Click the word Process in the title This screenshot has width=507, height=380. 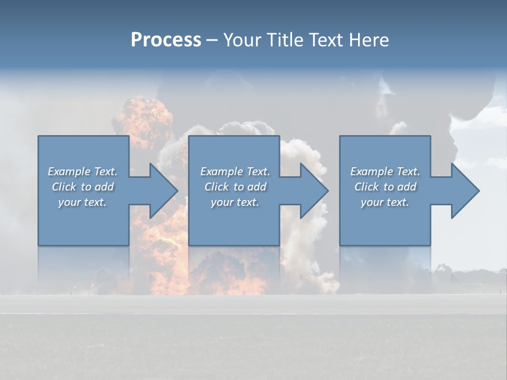coord(166,40)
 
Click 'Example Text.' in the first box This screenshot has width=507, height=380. coord(82,172)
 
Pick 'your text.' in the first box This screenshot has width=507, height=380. coord(82,202)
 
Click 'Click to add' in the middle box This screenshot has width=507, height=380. coord(235,187)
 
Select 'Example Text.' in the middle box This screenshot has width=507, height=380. coord(235,172)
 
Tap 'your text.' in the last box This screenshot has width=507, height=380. coord(384,202)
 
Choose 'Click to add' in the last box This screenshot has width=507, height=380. coord(385,187)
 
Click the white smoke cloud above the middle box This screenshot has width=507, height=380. coord(246,129)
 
